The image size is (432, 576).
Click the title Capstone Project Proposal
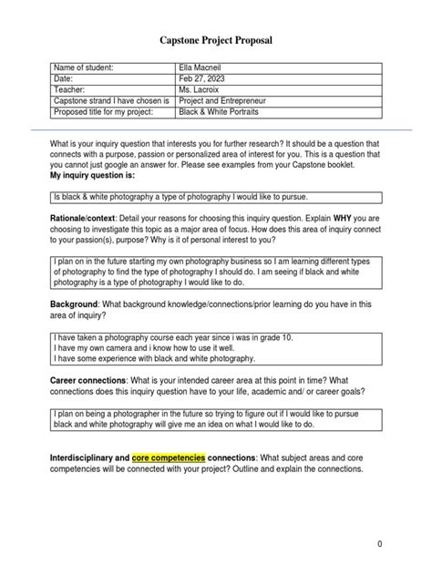[215, 40]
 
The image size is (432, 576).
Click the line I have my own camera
[146, 347]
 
